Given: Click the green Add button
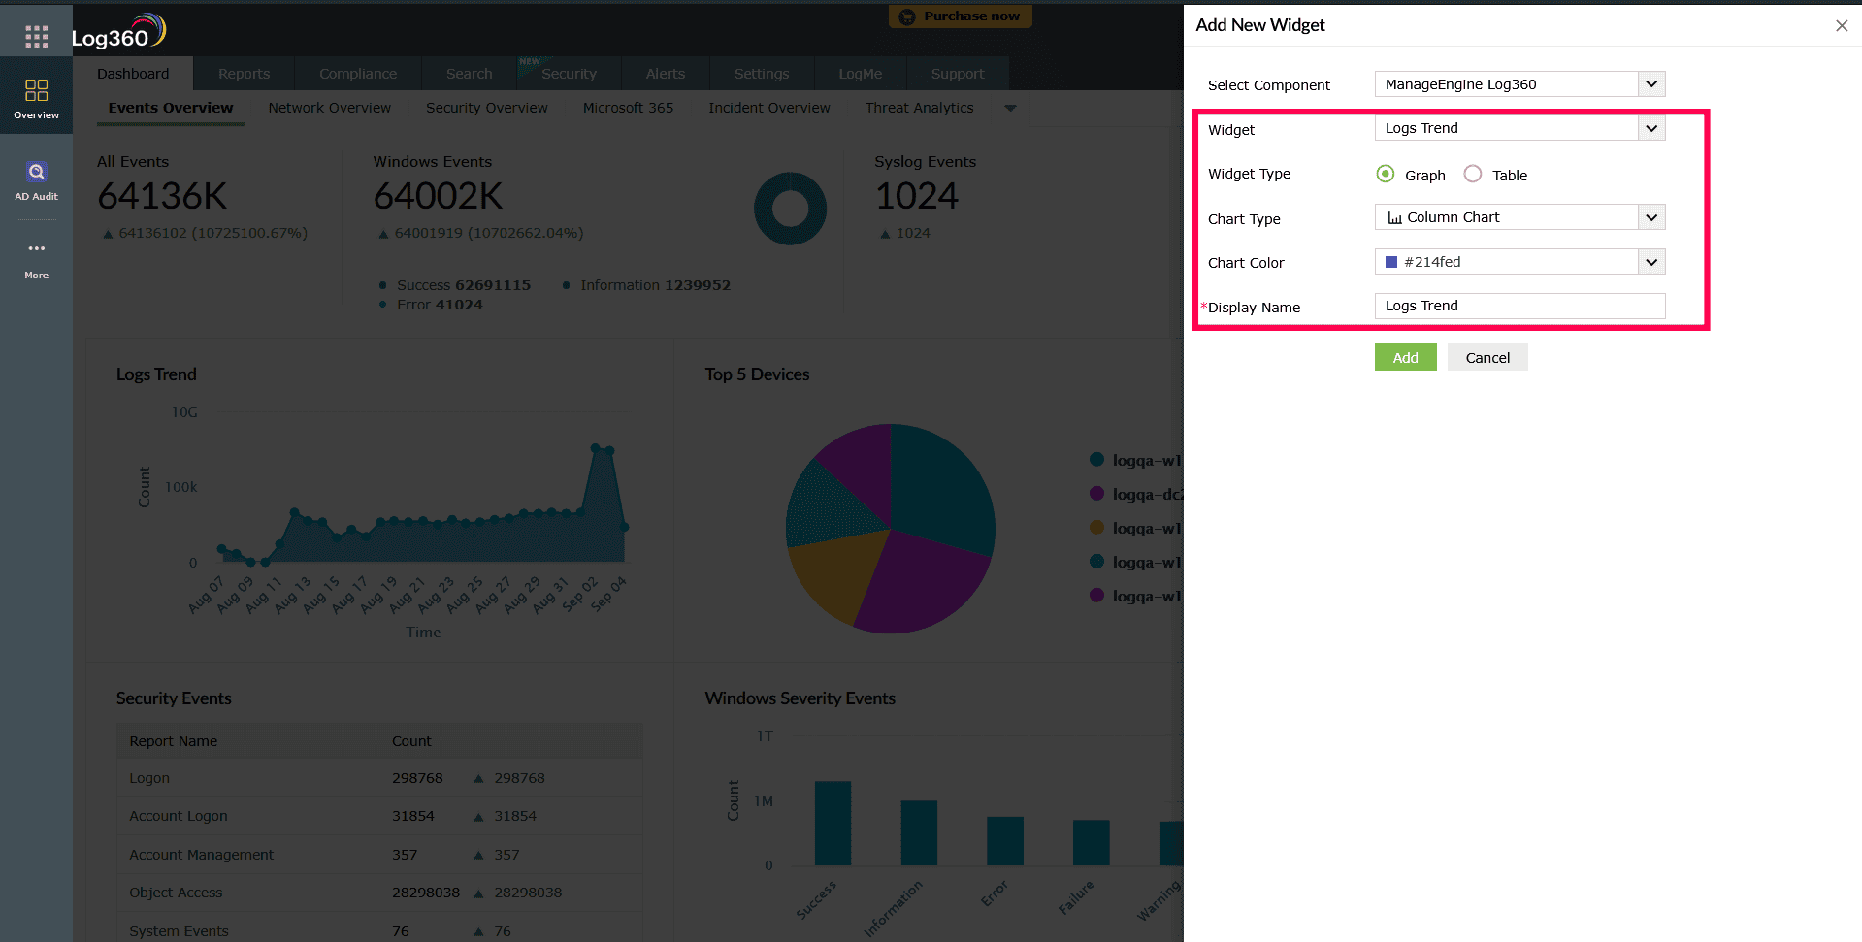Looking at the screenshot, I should tap(1405, 358).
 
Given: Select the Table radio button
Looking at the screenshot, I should tap(1473, 175).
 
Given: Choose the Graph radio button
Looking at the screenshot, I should tap(1386, 175).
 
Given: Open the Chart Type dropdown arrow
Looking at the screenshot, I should tap(1651, 217).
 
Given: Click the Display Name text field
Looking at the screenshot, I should tap(1519, 307).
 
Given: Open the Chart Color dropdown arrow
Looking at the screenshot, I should tap(1651, 262).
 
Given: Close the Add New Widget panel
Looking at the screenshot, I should tap(1841, 26).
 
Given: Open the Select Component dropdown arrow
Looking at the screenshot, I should tap(1651, 84).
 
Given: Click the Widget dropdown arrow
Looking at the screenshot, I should tap(1651, 128).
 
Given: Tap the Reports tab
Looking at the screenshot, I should tap(244, 74).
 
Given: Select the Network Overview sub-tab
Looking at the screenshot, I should tap(329, 108).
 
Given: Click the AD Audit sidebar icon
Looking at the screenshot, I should tap(36, 180).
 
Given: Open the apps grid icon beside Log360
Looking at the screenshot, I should tap(36, 37).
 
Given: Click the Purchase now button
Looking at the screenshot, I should tap(960, 16).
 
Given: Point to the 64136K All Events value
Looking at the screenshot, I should tap(162, 197).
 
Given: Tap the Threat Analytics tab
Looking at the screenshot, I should tap(919, 108).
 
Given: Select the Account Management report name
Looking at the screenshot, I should tap(201, 855).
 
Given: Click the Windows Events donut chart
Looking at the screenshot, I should tap(790, 209).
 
